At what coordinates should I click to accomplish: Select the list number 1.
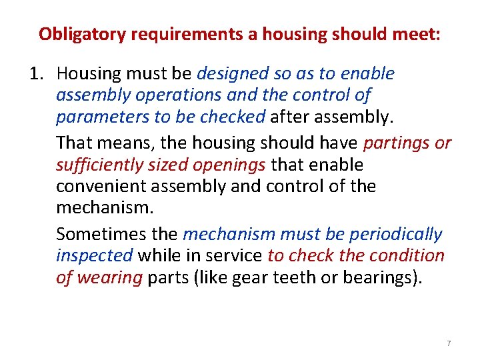(x=37, y=73)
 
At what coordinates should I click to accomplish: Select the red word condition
(x=407, y=255)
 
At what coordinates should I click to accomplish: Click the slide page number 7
(x=449, y=343)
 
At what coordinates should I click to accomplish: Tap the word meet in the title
(x=418, y=34)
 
